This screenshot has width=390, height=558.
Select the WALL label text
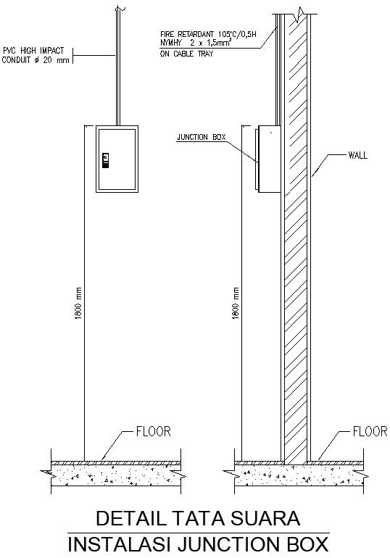click(357, 155)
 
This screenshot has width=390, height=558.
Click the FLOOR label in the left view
click(153, 431)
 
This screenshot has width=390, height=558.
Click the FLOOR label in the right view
click(369, 432)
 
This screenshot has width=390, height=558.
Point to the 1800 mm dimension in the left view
click(79, 304)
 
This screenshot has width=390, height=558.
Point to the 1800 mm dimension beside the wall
click(235, 304)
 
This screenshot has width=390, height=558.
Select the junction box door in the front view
click(117, 159)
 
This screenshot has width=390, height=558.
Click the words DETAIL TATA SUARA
click(197, 519)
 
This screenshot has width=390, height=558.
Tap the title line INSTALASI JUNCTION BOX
click(197, 544)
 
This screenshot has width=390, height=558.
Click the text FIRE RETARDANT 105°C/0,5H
click(213, 33)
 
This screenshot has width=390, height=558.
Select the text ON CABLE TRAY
click(187, 54)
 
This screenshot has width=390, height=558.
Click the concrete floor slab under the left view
click(116, 475)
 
